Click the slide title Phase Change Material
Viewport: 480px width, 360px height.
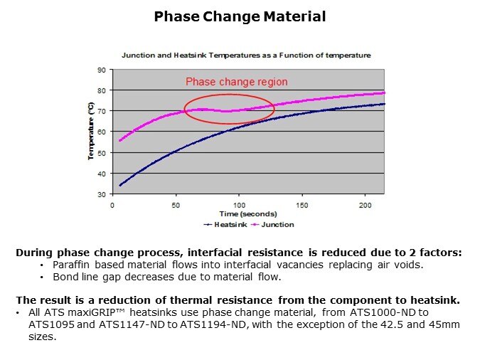(240, 16)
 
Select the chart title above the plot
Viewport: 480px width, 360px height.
(245, 55)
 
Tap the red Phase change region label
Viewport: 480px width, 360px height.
(237, 82)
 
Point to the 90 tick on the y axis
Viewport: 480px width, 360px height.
(101, 70)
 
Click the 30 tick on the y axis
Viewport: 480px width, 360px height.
(101, 194)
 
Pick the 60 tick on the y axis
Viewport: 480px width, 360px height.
(101, 132)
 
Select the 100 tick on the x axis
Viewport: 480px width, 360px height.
(239, 205)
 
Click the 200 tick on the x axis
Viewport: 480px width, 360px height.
(366, 205)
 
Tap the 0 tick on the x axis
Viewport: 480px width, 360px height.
(112, 205)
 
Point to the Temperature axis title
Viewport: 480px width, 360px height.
(90, 132)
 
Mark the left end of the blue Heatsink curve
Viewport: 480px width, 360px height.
(120, 186)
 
